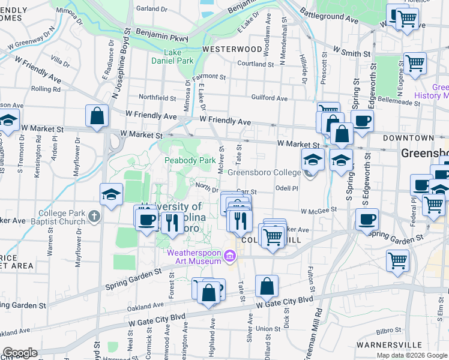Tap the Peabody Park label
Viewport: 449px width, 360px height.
click(190, 160)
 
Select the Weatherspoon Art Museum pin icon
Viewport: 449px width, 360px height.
click(229, 256)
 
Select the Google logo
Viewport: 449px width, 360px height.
click(20, 353)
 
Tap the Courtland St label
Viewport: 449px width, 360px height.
click(256, 63)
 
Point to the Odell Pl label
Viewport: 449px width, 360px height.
click(286, 188)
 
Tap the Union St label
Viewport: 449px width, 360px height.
click(264, 329)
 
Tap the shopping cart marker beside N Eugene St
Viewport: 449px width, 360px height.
click(415, 64)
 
